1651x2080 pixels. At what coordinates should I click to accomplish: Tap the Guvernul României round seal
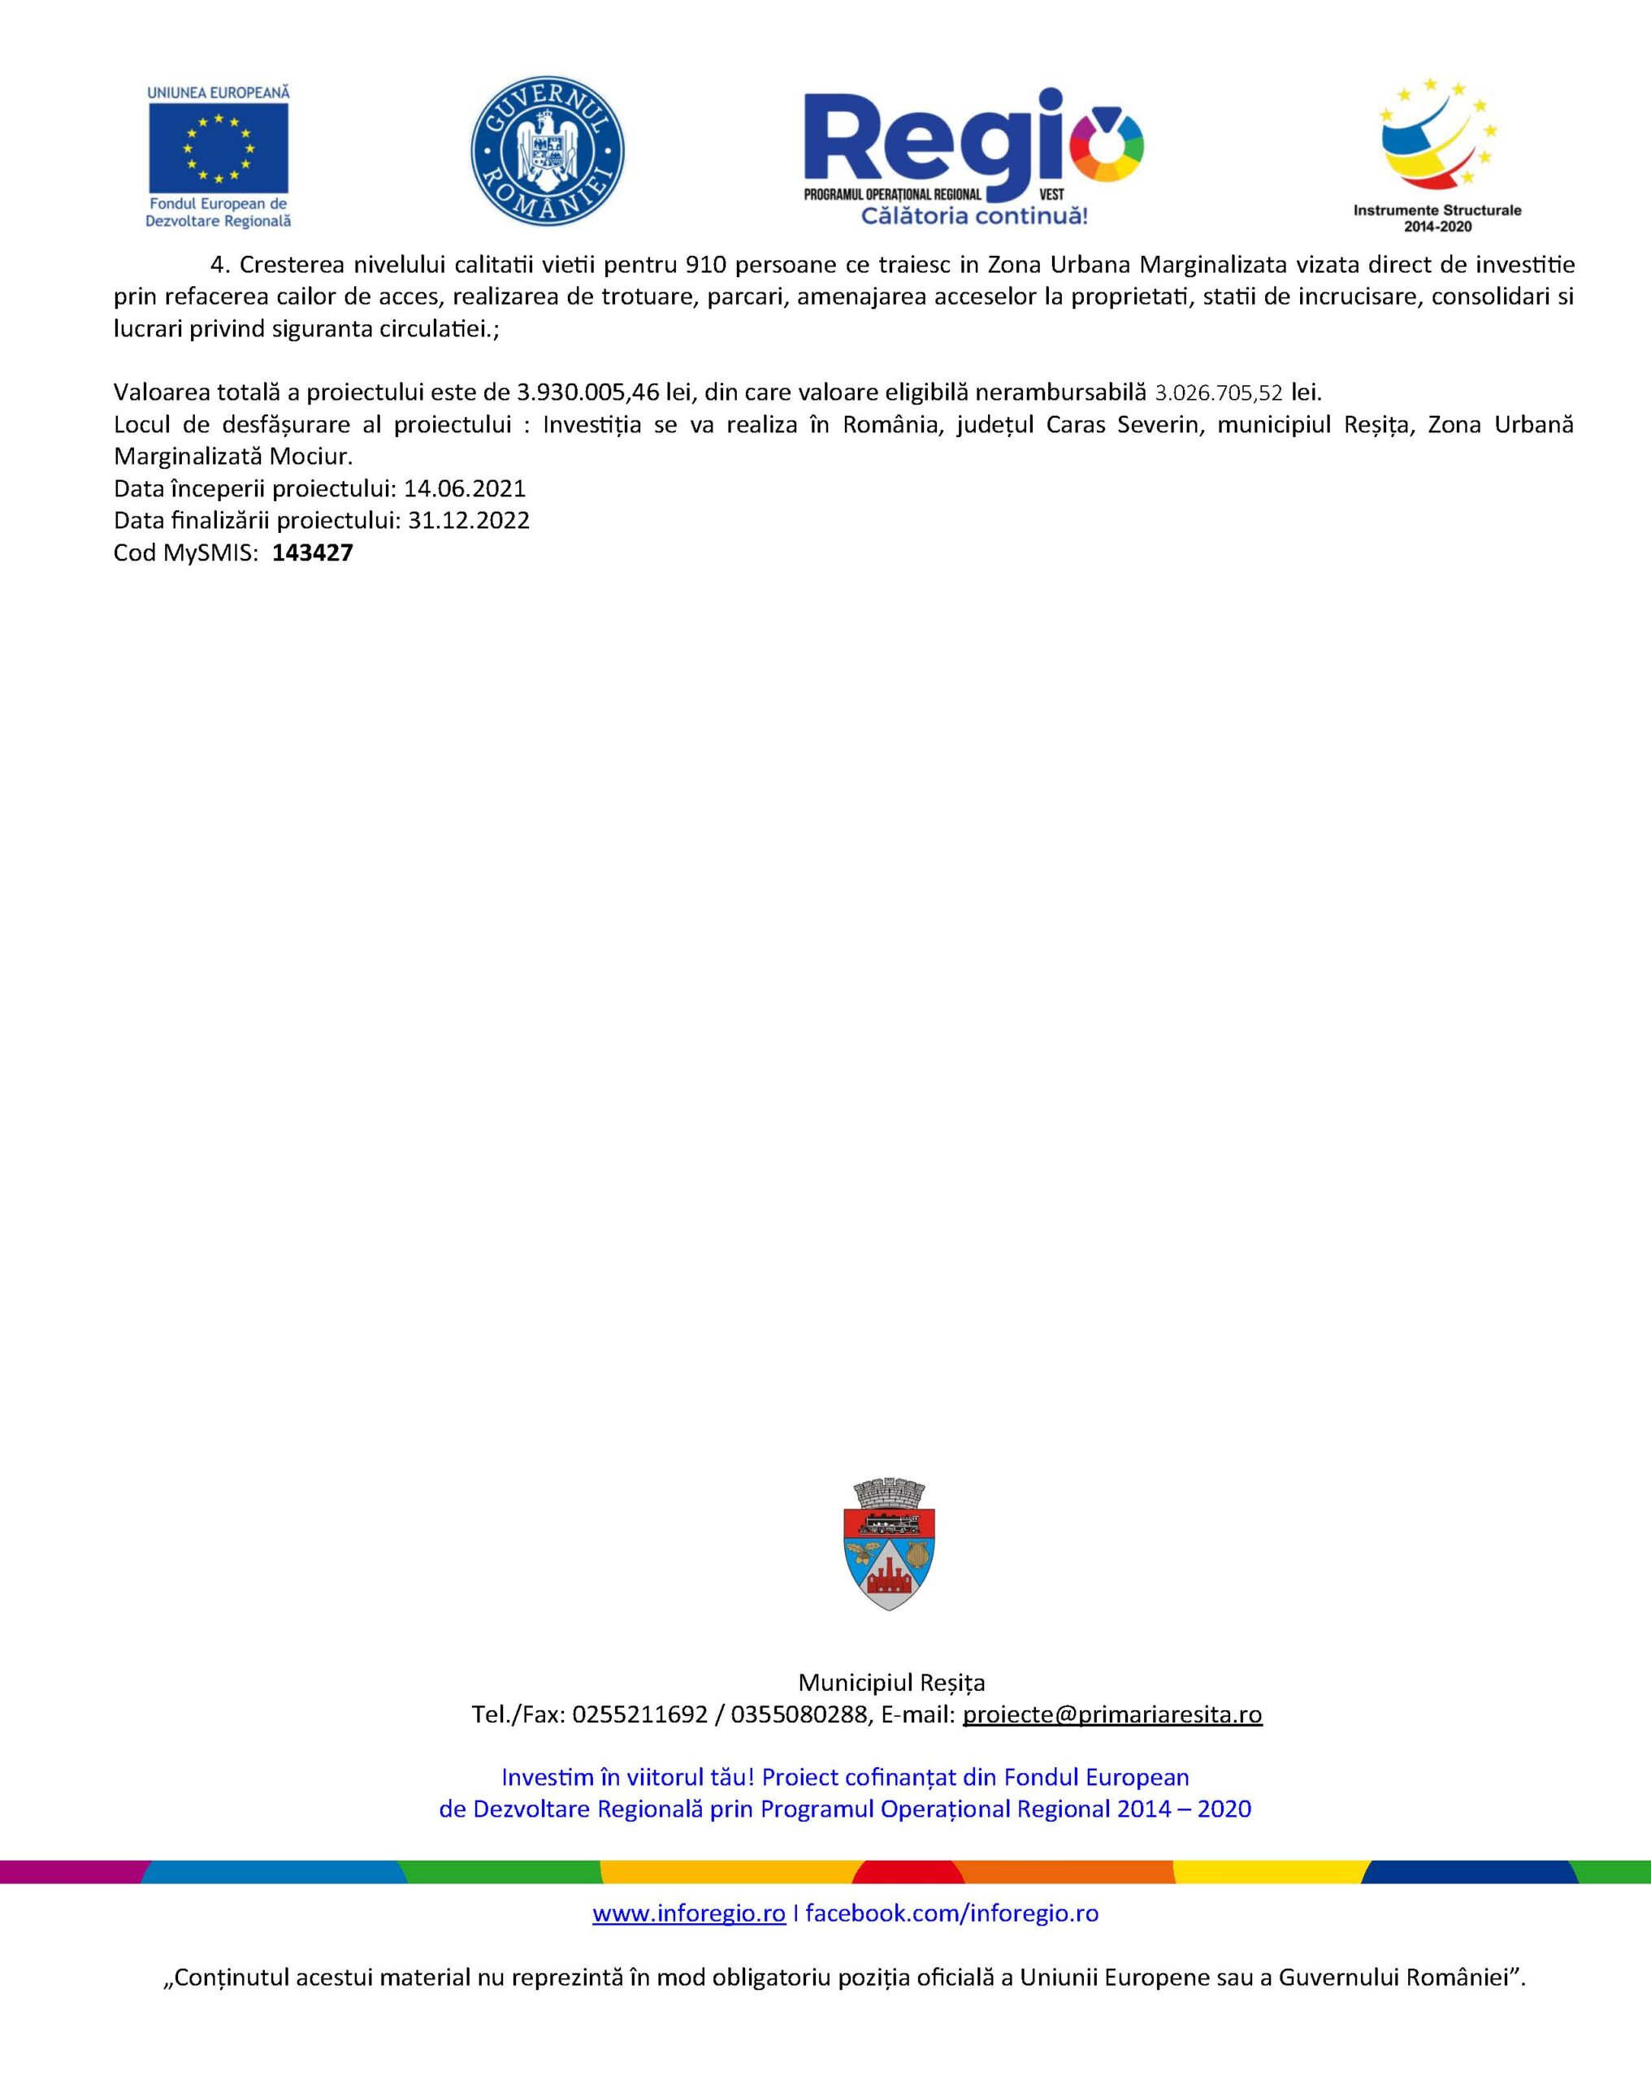pyautogui.click(x=547, y=150)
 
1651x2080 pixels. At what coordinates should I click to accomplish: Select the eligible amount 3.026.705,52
pyautogui.click(x=1219, y=393)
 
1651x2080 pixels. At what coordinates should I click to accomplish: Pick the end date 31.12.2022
pyautogui.click(x=468, y=521)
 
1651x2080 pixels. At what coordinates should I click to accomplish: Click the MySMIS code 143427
pyautogui.click(x=313, y=552)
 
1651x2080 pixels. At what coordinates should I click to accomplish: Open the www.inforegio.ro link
pyautogui.click(x=688, y=1913)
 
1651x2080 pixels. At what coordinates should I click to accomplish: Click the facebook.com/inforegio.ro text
pyautogui.click(x=951, y=1913)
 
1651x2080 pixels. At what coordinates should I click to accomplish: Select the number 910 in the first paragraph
pyautogui.click(x=705, y=264)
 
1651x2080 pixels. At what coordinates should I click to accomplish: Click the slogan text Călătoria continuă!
pyautogui.click(x=973, y=215)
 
